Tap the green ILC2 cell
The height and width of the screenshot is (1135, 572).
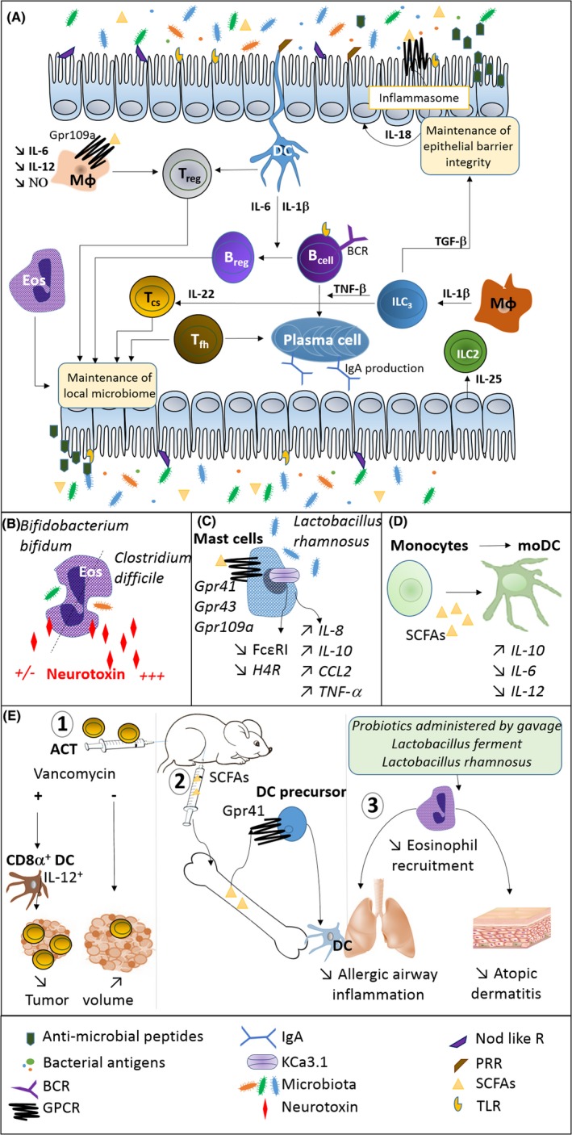(467, 354)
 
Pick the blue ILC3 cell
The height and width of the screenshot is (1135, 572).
(402, 303)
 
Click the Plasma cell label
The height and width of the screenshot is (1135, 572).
(322, 340)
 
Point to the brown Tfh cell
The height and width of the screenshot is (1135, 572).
(199, 340)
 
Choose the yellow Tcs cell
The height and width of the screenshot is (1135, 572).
(152, 299)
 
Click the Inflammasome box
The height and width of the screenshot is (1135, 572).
(419, 98)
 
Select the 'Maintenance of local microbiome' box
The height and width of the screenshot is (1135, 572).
(108, 386)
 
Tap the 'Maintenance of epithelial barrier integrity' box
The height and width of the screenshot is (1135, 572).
(468, 146)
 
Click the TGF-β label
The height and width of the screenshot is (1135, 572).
(450, 241)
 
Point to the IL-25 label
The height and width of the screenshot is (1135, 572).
(488, 379)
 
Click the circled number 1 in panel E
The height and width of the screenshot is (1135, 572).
(63, 725)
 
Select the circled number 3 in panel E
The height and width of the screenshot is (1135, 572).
(373, 804)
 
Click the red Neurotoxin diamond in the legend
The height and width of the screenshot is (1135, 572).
(265, 1107)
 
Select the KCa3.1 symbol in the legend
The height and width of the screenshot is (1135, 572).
(262, 1062)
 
